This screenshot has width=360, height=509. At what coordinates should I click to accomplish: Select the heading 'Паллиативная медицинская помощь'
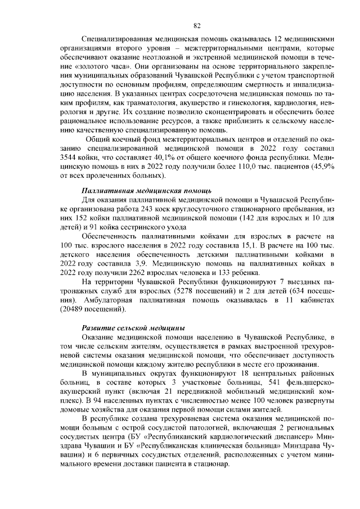pos(138,191)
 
